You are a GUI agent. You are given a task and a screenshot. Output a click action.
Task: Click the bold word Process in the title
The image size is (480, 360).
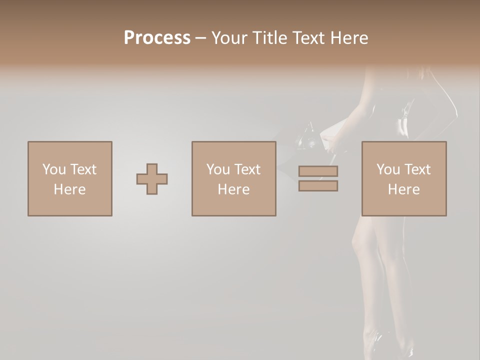[x=157, y=38]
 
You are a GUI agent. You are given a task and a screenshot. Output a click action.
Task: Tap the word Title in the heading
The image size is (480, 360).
[x=270, y=38]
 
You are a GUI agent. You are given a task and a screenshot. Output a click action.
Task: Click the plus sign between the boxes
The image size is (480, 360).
[x=152, y=179]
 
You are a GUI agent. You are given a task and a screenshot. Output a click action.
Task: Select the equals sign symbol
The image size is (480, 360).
[x=318, y=178]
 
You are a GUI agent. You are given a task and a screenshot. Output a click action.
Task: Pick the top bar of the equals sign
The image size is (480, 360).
[x=318, y=171]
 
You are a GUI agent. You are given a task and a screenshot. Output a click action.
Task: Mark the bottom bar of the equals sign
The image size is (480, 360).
[x=318, y=186]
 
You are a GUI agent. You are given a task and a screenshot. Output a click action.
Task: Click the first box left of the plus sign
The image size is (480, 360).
[x=70, y=178]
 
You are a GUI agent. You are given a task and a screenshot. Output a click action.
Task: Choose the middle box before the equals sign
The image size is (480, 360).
[x=233, y=178]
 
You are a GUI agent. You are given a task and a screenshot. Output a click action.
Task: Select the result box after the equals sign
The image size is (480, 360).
[x=403, y=178]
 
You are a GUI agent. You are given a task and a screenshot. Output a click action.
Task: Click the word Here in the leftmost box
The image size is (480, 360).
[x=69, y=189]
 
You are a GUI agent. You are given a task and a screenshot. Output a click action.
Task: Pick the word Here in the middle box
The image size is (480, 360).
[x=233, y=189]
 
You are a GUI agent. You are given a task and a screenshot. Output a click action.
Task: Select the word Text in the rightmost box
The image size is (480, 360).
[x=417, y=169]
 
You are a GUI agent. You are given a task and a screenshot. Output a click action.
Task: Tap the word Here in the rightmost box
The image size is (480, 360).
[x=403, y=189]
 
